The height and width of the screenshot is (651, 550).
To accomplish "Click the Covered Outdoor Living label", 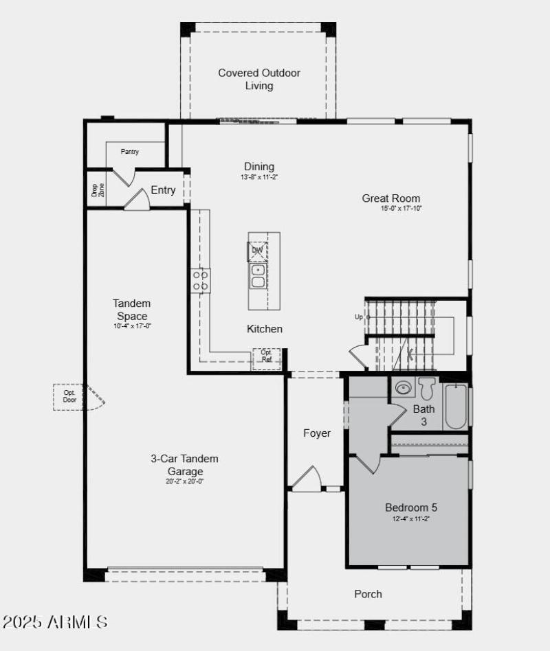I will [259, 79].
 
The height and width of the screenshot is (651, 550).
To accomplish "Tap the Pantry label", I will [130, 152].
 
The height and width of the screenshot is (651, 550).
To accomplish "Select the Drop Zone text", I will [98, 190].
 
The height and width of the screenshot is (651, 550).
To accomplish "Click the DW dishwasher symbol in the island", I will [257, 251].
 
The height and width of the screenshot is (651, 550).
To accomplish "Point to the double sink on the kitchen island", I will [258, 276].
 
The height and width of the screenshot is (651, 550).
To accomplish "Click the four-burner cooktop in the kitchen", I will [200, 280].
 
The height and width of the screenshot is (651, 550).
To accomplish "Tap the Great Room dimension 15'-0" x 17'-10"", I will [401, 208].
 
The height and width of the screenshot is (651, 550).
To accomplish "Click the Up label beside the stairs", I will [358, 317].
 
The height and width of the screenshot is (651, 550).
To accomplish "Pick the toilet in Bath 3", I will [427, 389].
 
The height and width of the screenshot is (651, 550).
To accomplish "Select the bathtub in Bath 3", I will [456, 406].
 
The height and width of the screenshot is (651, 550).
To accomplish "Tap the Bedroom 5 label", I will [411, 507].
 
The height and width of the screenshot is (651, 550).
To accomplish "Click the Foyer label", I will [317, 433].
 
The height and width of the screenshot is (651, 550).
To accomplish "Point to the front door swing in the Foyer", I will [307, 479].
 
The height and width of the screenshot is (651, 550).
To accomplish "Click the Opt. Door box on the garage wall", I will [69, 397].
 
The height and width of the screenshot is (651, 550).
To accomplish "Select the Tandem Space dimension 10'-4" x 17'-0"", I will [132, 326].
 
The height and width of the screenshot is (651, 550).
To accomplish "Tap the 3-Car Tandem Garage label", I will [185, 465].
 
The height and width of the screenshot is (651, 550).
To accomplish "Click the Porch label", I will [368, 594].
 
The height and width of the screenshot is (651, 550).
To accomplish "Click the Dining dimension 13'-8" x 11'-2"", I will [259, 177].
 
